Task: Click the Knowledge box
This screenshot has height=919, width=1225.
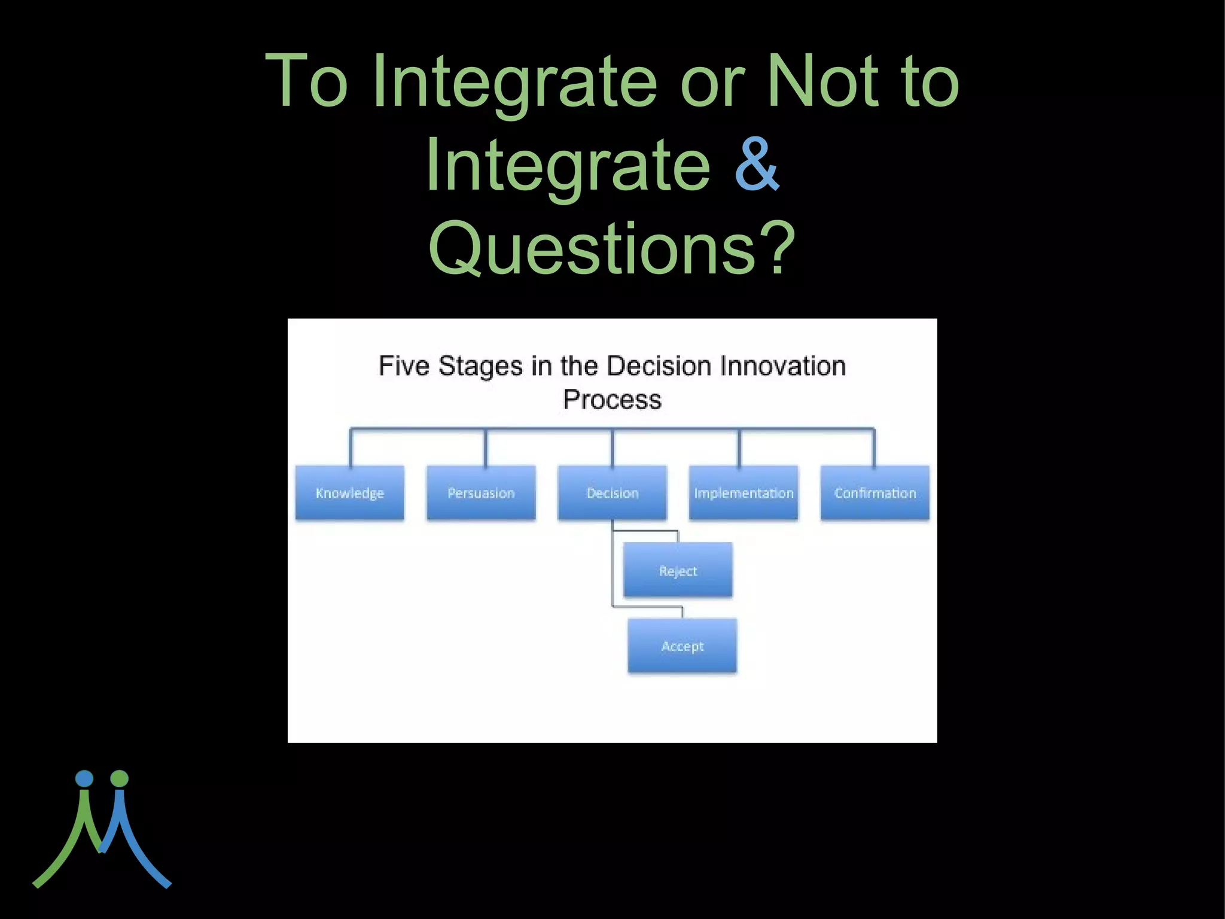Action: [x=350, y=492]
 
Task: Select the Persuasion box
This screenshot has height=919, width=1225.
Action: [x=481, y=492]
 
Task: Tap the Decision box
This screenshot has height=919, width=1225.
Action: [x=612, y=492]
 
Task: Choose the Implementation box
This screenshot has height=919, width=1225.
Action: [x=743, y=492]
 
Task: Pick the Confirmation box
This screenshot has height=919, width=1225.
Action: [x=874, y=492]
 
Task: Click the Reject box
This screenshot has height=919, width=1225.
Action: [x=678, y=570]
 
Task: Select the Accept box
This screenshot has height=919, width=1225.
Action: [x=682, y=646]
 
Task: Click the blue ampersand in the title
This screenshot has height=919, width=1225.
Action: [x=757, y=165]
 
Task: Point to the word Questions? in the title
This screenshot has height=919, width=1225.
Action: [x=612, y=248]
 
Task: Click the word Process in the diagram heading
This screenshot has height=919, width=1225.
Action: [x=612, y=400]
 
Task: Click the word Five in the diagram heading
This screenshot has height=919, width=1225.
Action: [x=404, y=366]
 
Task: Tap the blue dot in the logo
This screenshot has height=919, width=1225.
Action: [x=84, y=778]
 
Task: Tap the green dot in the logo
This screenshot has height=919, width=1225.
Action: [x=120, y=778]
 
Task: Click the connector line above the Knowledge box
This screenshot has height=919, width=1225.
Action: [x=351, y=448]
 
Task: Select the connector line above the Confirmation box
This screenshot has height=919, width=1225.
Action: [x=874, y=448]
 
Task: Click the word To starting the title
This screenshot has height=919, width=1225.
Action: [x=306, y=81]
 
